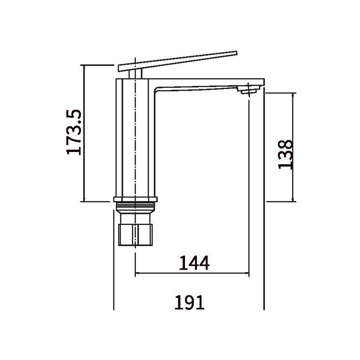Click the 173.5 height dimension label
click(74, 132)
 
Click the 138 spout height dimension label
click(285, 154)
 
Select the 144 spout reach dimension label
click(194, 263)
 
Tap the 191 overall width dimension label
click(189, 302)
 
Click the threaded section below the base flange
click(135, 207)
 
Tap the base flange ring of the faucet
click(135, 199)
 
